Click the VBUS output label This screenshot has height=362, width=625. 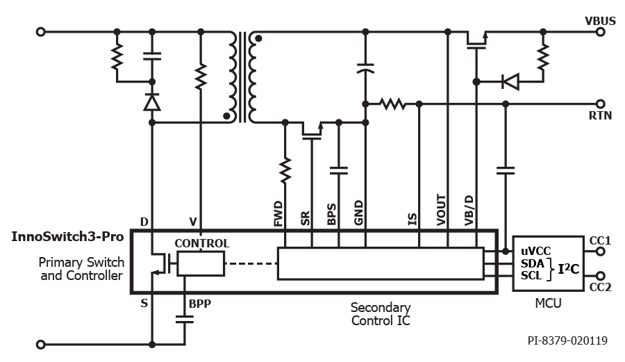click(x=600, y=21)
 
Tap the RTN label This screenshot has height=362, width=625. click(x=600, y=115)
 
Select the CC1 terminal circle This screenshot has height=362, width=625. click(x=600, y=252)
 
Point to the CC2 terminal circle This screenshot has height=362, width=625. click(x=600, y=276)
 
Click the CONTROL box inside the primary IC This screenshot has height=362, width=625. click(x=201, y=263)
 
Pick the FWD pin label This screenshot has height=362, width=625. click(x=278, y=214)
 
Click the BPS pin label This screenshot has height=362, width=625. click(x=332, y=215)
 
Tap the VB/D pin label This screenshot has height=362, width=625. click(x=469, y=211)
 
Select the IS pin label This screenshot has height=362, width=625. click(x=412, y=220)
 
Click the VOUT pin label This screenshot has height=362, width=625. click(x=441, y=210)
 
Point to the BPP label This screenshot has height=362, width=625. click(x=200, y=304)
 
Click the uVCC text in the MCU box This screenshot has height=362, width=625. click(x=535, y=251)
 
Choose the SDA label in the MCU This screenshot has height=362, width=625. click(x=533, y=263)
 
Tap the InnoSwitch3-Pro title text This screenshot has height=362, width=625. click(x=67, y=236)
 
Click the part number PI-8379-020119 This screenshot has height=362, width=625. click(x=567, y=340)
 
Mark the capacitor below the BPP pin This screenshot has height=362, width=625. click(x=185, y=320)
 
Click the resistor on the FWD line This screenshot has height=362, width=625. click(x=285, y=171)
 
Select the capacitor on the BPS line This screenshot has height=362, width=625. click(x=339, y=171)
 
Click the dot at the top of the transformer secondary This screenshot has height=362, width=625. click(x=258, y=39)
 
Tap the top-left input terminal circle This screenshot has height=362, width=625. click(x=41, y=32)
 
